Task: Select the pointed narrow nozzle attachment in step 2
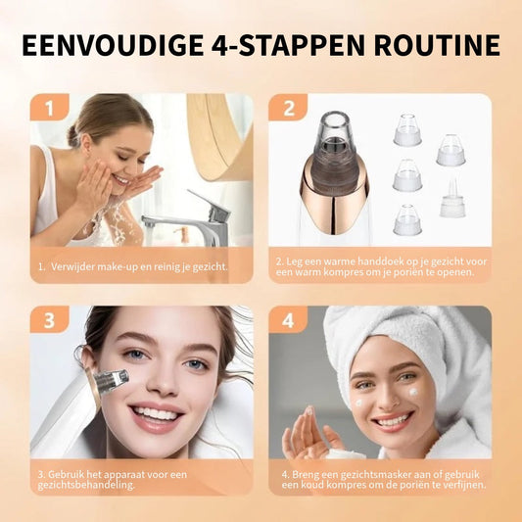(451, 201)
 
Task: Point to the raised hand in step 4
(306, 435)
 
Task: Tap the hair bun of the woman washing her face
(73, 132)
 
